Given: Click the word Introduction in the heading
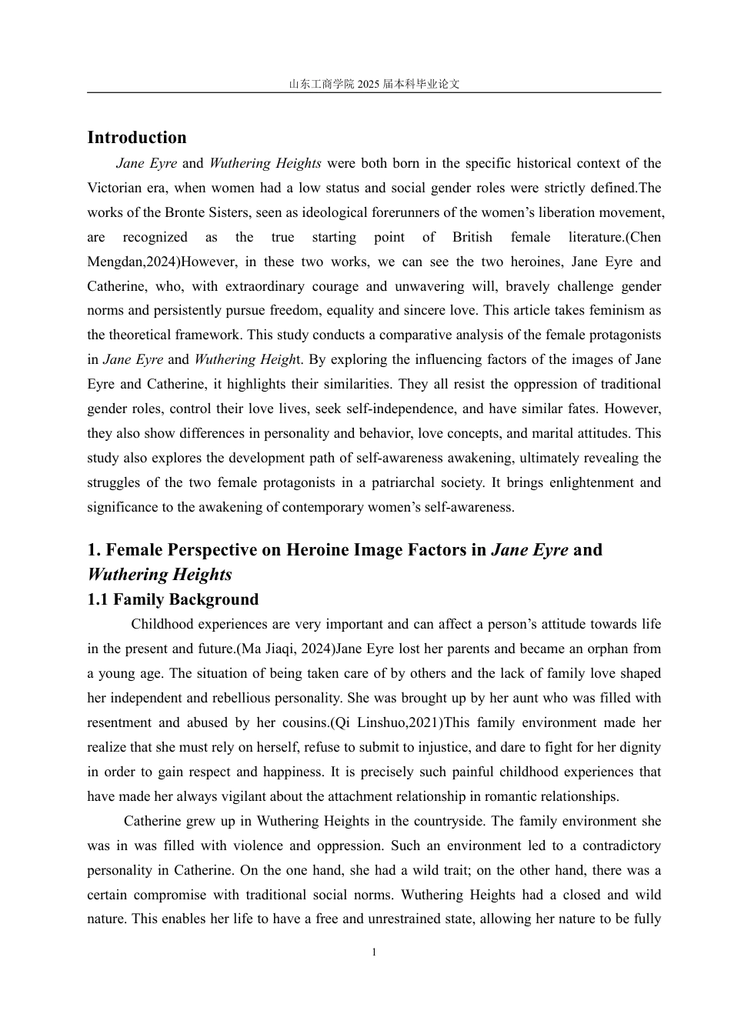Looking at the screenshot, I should tap(137, 138).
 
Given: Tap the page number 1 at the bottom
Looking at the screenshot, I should tap(374, 952).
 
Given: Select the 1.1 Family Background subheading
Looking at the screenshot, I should tap(172, 599).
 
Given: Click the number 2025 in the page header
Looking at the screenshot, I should tap(369, 85).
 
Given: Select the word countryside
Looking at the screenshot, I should tap(450, 821).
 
